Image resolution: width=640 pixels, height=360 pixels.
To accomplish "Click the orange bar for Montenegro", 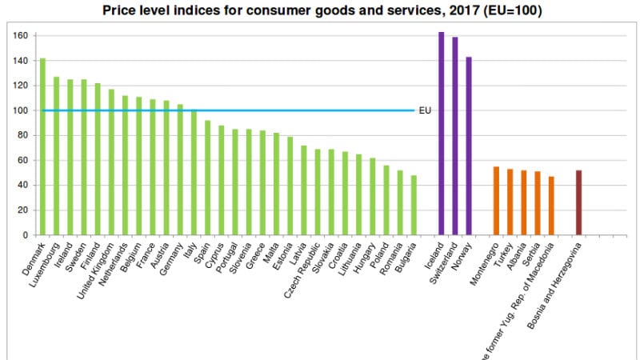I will [495, 201].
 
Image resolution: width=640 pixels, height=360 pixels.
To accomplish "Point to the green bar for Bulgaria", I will [414, 206].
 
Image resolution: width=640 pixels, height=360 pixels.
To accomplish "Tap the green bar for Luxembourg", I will [56, 156].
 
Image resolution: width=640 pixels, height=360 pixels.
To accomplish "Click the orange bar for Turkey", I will [510, 202].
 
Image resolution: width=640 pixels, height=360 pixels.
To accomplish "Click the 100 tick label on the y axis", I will [20, 110].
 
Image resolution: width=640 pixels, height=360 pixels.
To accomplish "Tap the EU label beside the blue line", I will [426, 110].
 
